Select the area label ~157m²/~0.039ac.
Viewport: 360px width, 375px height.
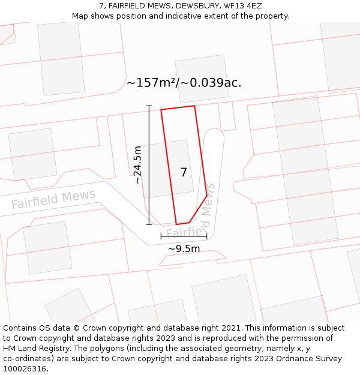(184, 83)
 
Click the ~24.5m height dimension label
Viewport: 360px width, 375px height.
(138, 164)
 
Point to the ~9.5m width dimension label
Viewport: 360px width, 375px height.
(184, 248)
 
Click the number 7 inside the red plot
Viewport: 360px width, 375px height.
(184, 172)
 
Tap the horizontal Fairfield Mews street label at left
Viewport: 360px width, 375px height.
(53, 200)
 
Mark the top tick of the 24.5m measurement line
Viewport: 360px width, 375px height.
(149, 106)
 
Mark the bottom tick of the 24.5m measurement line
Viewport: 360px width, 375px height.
(149, 224)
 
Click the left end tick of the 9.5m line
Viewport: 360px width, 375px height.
(161, 237)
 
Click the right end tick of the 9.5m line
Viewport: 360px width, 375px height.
(206, 237)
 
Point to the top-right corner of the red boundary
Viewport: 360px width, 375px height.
(194, 106)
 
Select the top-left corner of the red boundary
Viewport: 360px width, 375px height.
(161, 110)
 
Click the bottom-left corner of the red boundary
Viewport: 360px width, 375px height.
(176, 224)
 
